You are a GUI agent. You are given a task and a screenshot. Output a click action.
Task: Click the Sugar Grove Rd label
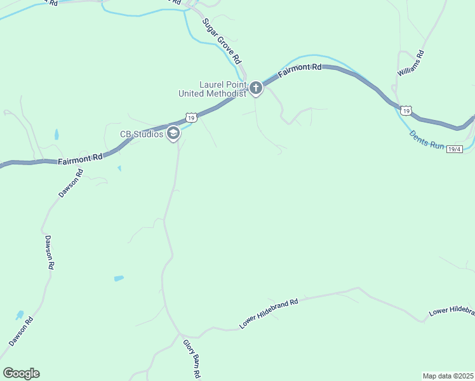[222, 40]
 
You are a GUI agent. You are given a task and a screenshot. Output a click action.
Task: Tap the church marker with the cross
[255, 88]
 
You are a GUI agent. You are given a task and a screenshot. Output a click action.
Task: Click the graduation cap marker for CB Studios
[173, 134]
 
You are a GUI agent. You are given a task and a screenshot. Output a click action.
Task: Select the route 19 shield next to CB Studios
[191, 117]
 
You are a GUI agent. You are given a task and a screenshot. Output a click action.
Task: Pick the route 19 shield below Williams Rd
[406, 110]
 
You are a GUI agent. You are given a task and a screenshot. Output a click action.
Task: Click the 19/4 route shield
[454, 149]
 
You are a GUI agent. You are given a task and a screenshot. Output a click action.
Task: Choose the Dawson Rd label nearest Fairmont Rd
[70, 184]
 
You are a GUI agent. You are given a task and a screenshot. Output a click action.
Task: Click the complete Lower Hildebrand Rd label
[269, 314]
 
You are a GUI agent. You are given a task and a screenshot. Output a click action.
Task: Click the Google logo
[21, 373]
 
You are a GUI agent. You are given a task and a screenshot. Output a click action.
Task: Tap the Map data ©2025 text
[448, 375]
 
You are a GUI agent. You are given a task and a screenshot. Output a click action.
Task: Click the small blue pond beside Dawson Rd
[20, 315]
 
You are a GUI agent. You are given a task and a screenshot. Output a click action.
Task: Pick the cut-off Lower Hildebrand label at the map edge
[452, 311]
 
